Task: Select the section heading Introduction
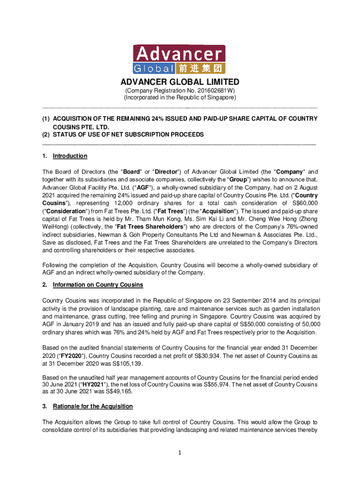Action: click(x=70, y=156)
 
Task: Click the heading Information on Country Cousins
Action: click(x=98, y=285)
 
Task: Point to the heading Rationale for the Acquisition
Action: click(x=93, y=406)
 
